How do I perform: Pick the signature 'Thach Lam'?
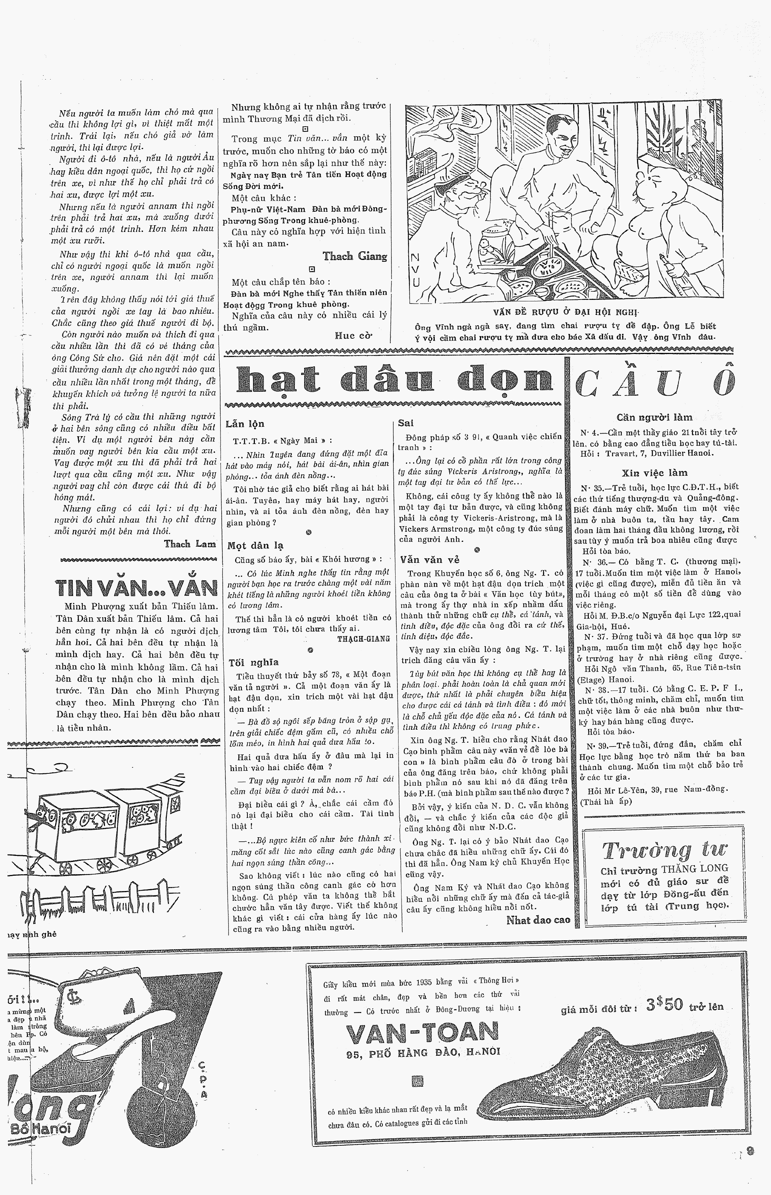click(x=190, y=544)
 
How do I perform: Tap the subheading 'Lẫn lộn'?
click(x=245, y=424)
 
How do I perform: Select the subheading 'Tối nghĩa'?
click(x=246, y=662)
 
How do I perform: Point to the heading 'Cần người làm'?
click(x=654, y=417)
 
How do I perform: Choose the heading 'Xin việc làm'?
click(x=654, y=473)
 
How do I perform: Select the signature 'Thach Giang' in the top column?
click(x=355, y=257)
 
